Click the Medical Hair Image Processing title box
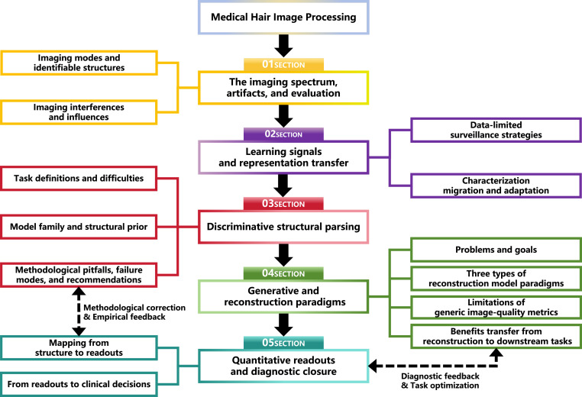tap(283, 18)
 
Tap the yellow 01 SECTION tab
tap(283, 64)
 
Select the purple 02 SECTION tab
tap(283, 134)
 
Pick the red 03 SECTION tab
tap(283, 204)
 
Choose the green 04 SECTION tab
tap(283, 273)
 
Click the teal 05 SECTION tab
tap(283, 343)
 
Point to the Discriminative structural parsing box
tap(283, 227)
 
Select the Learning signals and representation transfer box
tap(283, 157)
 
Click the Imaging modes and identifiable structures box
tap(79, 63)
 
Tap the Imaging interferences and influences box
tap(79, 112)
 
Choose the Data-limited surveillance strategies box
tap(496, 130)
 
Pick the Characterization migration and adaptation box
tap(496, 186)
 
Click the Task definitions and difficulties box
tap(79, 179)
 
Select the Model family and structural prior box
tap(79, 227)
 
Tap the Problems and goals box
tap(496, 250)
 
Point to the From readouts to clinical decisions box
tap(79, 384)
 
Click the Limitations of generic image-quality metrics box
tap(496, 307)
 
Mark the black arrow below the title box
tap(283, 46)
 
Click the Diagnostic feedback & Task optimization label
tap(440, 381)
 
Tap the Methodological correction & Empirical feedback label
tap(134, 312)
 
